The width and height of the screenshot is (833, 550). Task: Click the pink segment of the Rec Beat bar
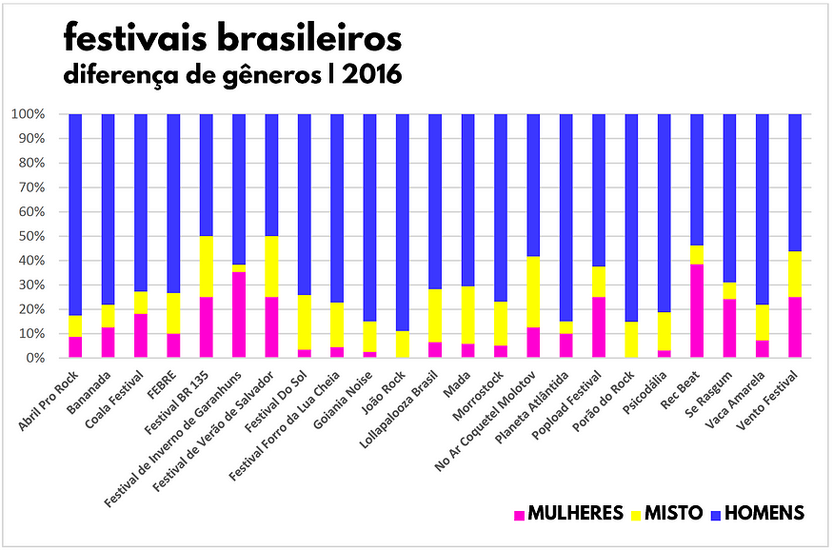[x=696, y=311]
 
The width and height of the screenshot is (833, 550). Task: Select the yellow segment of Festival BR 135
[x=206, y=266]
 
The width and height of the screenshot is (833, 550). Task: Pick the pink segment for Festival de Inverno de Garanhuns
[x=239, y=315]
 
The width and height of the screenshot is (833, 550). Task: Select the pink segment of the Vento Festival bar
[x=794, y=327]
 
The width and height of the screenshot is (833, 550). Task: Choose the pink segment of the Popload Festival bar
[x=598, y=327]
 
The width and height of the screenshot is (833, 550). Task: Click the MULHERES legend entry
[x=568, y=514]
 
